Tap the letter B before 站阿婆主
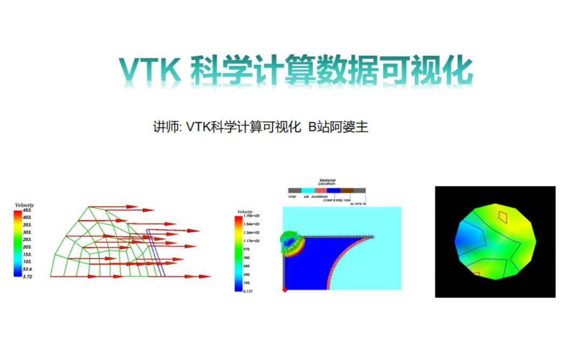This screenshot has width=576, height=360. pyautogui.click(x=311, y=128)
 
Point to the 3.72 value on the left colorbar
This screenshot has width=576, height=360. pyautogui.click(x=26, y=276)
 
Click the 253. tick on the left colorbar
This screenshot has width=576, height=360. pyautogui.click(x=26, y=239)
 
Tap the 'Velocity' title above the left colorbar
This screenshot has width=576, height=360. pyautogui.click(x=24, y=205)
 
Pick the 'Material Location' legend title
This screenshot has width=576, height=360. pyautogui.click(x=327, y=182)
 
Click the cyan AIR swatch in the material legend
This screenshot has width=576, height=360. pyautogui.click(x=307, y=190)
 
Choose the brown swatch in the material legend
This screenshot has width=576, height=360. pyautogui.click(x=347, y=190)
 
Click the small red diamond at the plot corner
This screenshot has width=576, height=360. pyautogui.click(x=285, y=290)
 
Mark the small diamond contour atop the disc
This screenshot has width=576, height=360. pyautogui.click(x=503, y=217)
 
